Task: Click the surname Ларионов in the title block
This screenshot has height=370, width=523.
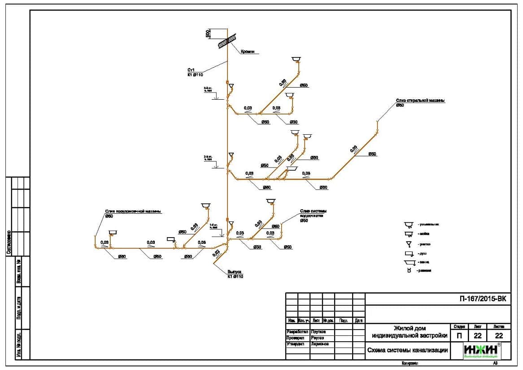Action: pyautogui.click(x=319, y=344)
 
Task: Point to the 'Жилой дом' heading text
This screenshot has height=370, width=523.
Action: pyautogui.click(x=409, y=328)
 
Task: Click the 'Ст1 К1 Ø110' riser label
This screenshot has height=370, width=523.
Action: pyautogui.click(x=195, y=72)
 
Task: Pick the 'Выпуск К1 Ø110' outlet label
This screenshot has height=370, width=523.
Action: pyautogui.click(x=235, y=274)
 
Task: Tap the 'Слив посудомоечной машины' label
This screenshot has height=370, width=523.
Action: pyautogui.click(x=133, y=211)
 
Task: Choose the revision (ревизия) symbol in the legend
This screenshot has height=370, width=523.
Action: pyautogui.click(x=409, y=270)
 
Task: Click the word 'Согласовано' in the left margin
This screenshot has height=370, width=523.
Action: pyautogui.click(x=9, y=242)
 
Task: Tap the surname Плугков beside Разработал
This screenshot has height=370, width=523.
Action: pyautogui.click(x=318, y=331)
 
